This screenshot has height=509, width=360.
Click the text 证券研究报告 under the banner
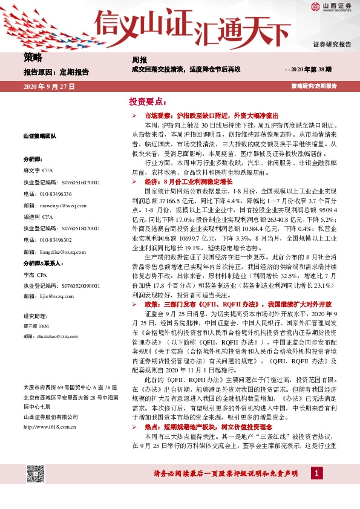(x=332, y=45)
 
